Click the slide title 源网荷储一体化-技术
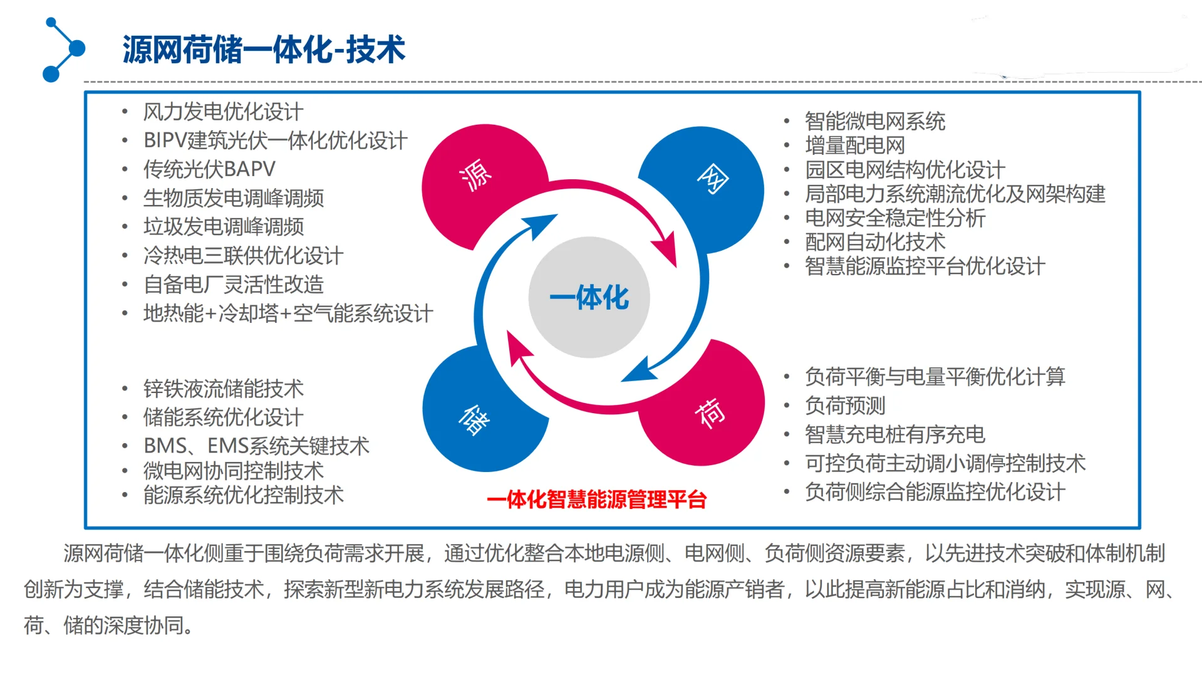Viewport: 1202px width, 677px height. pyautogui.click(x=264, y=50)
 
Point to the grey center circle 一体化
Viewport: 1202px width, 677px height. pyautogui.click(x=589, y=297)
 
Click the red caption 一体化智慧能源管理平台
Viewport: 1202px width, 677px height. pyautogui.click(x=596, y=500)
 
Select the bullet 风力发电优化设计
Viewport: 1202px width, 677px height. pyautogui.click(x=223, y=112)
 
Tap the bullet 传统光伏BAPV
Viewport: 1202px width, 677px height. pyautogui.click(x=209, y=169)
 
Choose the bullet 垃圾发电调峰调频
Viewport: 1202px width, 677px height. pyautogui.click(x=223, y=227)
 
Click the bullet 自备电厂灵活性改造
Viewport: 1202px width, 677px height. pyautogui.click(x=233, y=285)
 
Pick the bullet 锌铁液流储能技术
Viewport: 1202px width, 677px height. pyautogui.click(x=223, y=389)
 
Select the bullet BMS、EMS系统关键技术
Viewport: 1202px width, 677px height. pyautogui.click(x=256, y=446)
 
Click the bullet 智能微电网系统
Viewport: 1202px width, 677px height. pyautogui.click(x=874, y=121)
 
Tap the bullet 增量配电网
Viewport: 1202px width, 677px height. pyautogui.click(x=854, y=145)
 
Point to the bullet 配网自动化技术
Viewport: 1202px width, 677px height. pyautogui.click(x=874, y=242)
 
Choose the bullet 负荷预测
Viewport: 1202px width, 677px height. pyautogui.click(x=844, y=406)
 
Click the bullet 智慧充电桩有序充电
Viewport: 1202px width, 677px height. pyautogui.click(x=894, y=434)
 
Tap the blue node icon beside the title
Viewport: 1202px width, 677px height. pyautogui.click(x=63, y=50)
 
